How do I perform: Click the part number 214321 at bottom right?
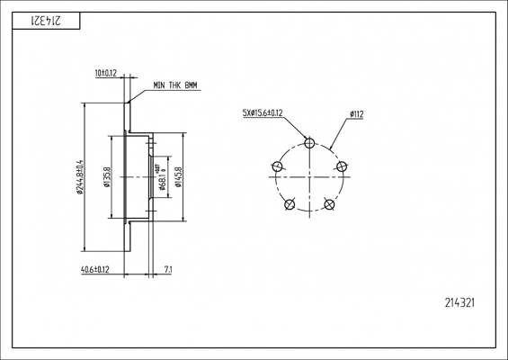[459, 303]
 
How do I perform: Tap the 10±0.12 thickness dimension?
[106, 72]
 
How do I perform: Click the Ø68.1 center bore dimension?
[162, 176]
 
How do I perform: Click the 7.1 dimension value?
[168, 269]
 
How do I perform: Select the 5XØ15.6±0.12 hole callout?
[263, 112]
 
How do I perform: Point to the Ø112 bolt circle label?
[356, 113]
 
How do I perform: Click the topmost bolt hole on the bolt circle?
[309, 142]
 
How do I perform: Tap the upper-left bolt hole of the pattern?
[277, 166]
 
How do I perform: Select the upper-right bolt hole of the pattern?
[342, 166]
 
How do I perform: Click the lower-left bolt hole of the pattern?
[290, 204]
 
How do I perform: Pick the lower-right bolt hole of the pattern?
[329, 204]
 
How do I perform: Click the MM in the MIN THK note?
[191, 85]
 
